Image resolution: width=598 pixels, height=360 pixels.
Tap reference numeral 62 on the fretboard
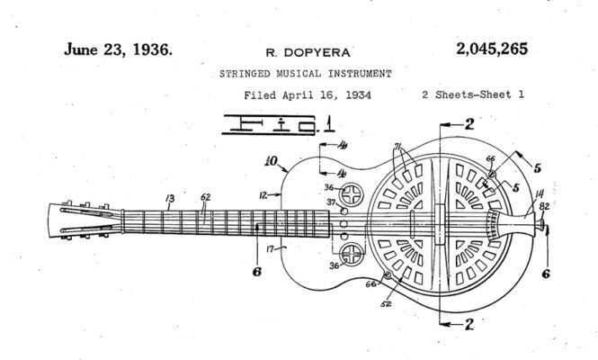(x=206, y=197)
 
